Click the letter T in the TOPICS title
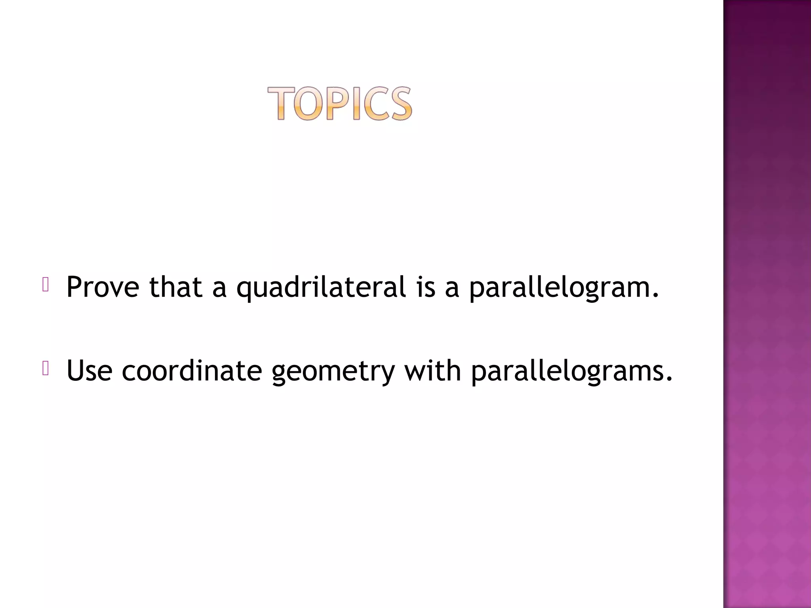pyautogui.click(x=281, y=103)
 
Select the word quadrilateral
pyautogui.click(x=321, y=287)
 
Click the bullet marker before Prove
pyautogui.click(x=45, y=285)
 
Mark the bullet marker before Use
pyautogui.click(x=45, y=369)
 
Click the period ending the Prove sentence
pyautogui.click(x=656, y=296)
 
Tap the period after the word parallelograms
pyautogui.click(x=669, y=380)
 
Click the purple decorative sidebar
pyautogui.click(x=767, y=304)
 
